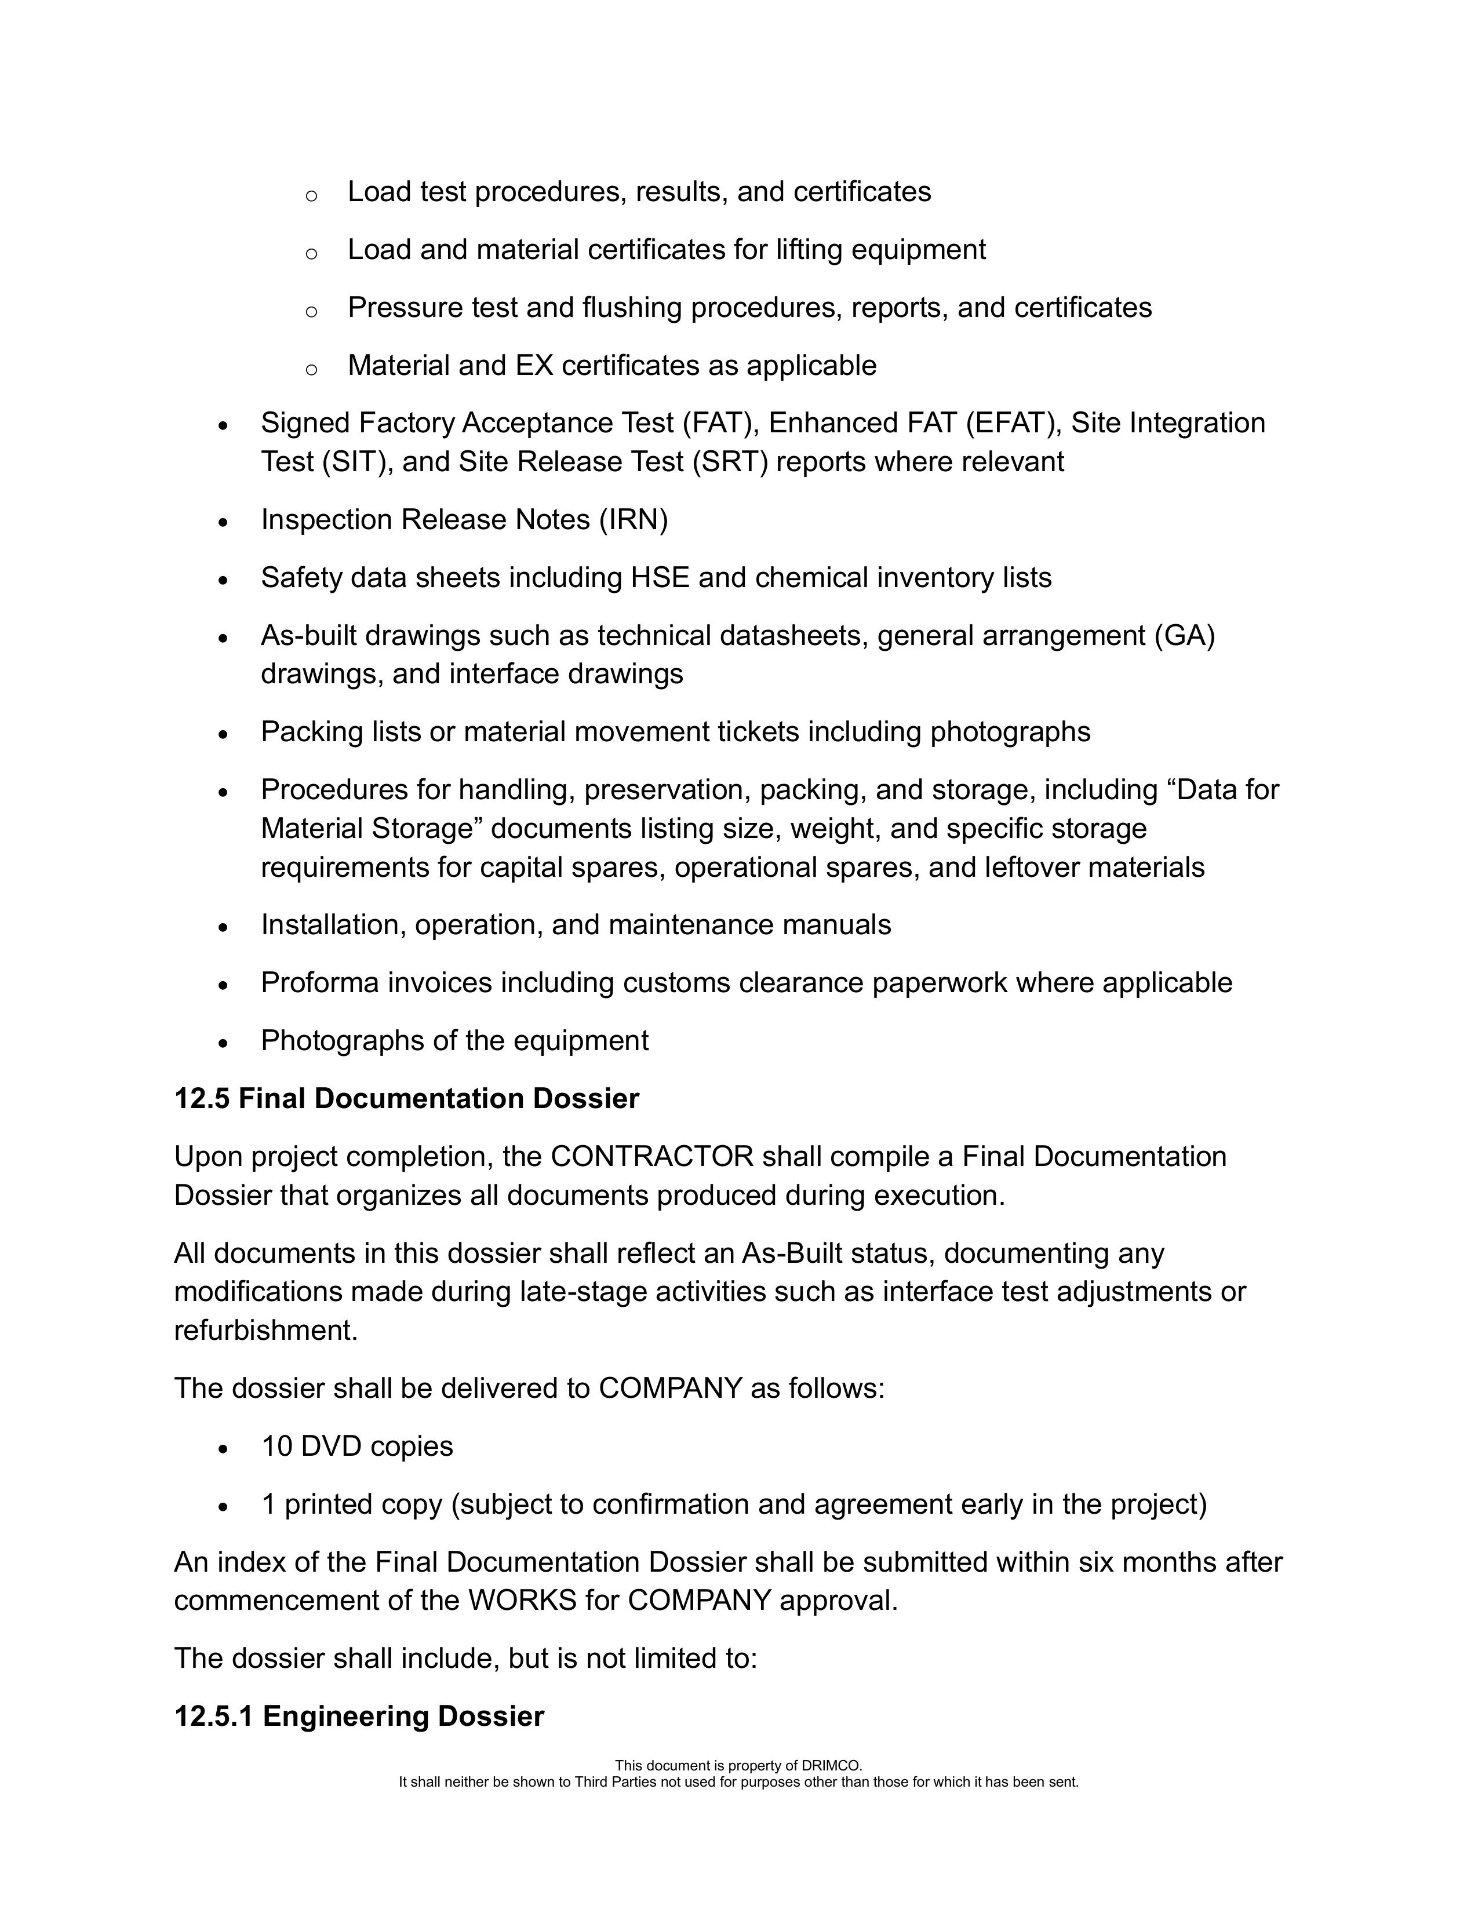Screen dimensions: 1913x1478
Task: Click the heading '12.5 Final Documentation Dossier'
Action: coord(406,1098)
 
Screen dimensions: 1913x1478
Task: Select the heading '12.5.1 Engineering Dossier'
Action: coord(359,1716)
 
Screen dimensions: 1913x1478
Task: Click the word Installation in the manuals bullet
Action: coord(333,925)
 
